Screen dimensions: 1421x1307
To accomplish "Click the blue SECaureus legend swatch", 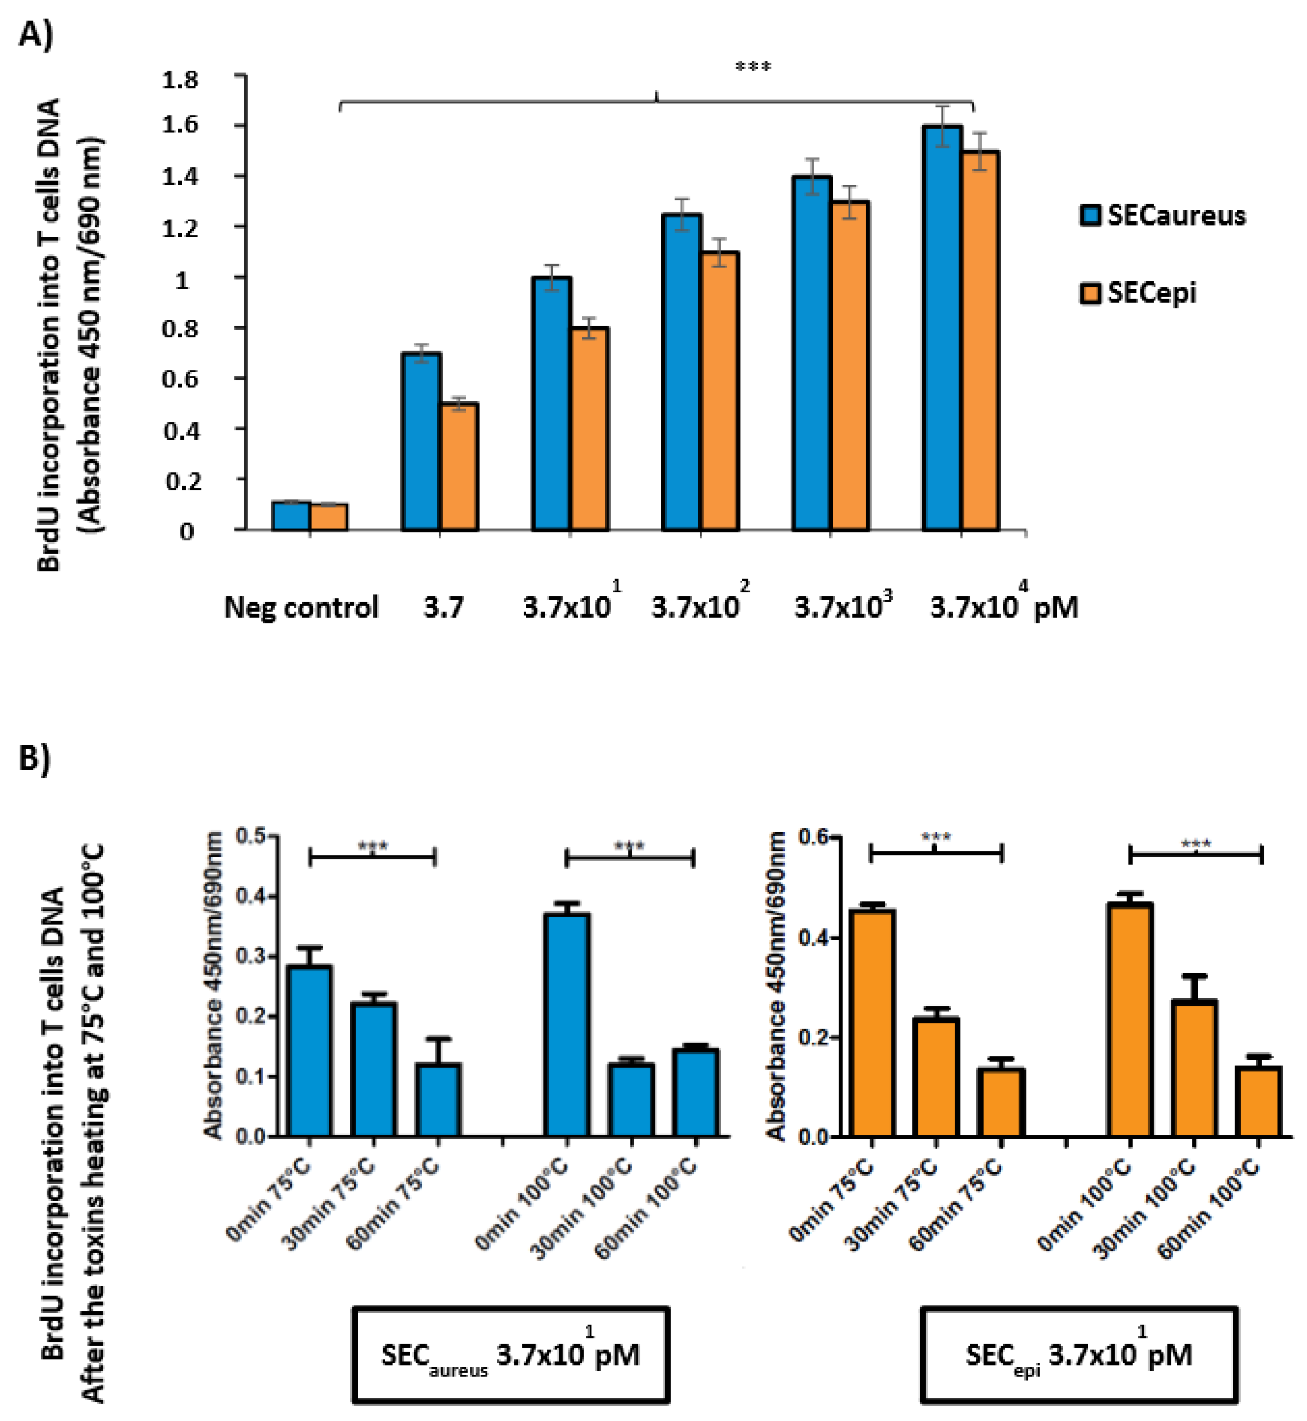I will (x=1091, y=215).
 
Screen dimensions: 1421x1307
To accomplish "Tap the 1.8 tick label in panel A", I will (x=180, y=80).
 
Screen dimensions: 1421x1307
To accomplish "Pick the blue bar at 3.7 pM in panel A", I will (x=421, y=442).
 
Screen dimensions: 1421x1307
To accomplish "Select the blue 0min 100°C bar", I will (x=567, y=1025).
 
